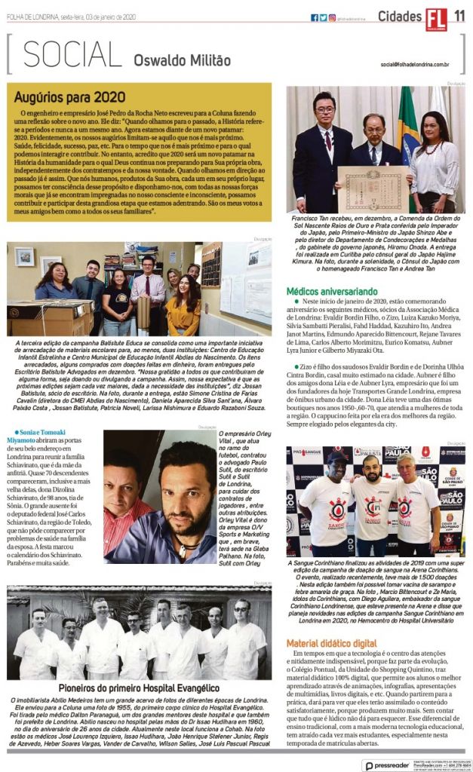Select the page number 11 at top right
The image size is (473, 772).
tap(459, 17)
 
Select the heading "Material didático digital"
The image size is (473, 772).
tap(331, 642)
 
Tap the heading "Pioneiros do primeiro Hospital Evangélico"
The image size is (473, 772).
tap(138, 688)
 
